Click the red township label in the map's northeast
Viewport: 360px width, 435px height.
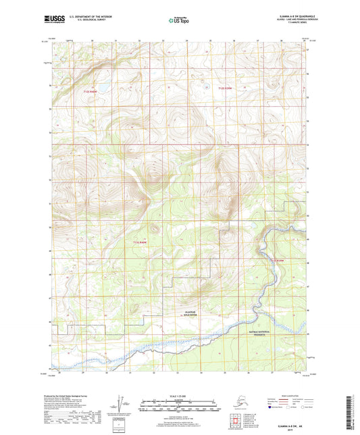(x=224, y=88)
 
